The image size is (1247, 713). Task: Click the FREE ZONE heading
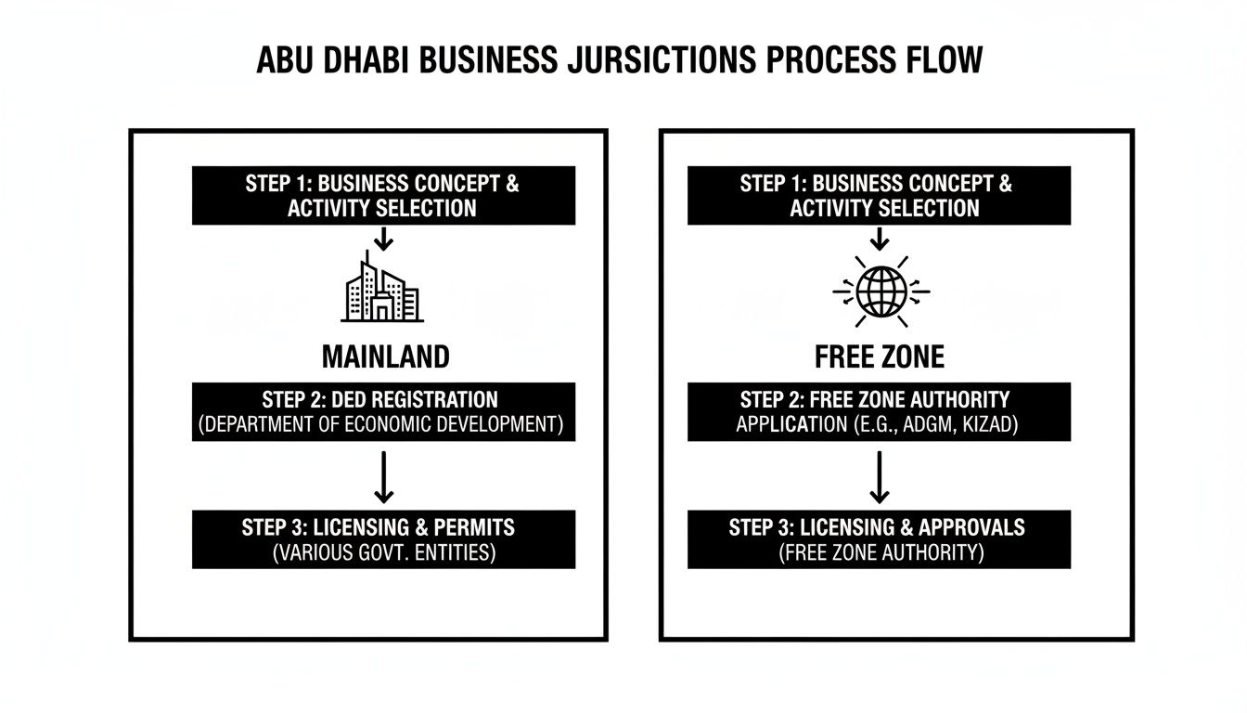pos(878,356)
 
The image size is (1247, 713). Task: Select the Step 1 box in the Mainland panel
pos(383,195)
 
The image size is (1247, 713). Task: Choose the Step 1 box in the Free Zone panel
pos(878,195)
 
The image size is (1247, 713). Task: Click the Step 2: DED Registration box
pos(383,411)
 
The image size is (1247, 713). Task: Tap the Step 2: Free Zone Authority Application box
pos(878,411)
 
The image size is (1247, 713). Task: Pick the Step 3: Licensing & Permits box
pos(383,539)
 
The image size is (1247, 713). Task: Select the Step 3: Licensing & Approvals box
pos(878,539)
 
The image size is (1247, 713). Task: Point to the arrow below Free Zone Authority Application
pos(879,475)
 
